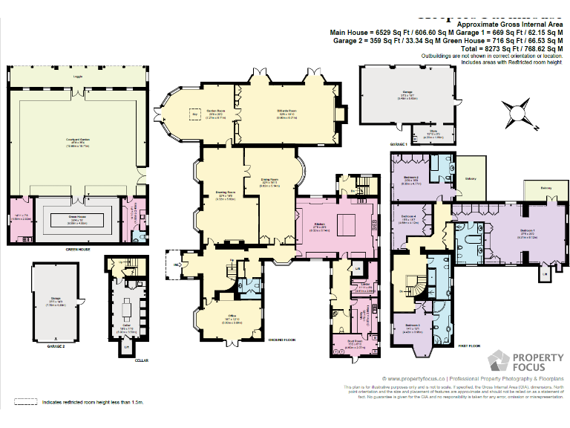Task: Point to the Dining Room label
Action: tap(269, 180)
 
